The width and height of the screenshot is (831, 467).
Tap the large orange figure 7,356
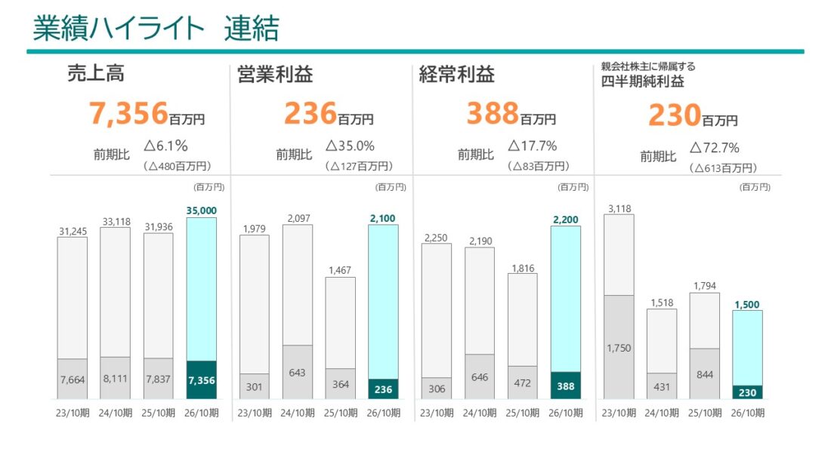(x=128, y=114)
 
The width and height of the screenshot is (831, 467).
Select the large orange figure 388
(x=493, y=114)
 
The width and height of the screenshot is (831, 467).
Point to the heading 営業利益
(x=274, y=75)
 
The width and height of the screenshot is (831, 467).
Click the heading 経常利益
(x=457, y=75)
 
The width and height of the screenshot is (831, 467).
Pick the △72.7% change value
(x=714, y=147)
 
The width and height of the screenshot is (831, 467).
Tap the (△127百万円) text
(x=359, y=166)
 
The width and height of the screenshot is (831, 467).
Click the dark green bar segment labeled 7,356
(x=202, y=379)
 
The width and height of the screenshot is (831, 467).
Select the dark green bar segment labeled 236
(x=384, y=389)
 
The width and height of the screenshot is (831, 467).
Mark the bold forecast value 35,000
(x=202, y=210)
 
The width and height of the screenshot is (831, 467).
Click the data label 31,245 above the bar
(x=72, y=230)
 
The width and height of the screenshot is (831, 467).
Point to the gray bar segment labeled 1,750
(x=619, y=347)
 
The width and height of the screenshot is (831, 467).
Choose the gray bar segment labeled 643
(x=297, y=372)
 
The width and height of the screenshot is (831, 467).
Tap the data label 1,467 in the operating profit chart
(x=340, y=269)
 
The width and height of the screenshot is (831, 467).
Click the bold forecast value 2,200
(x=566, y=219)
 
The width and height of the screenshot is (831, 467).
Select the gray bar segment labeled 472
(x=523, y=383)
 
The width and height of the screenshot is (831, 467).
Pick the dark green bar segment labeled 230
(x=747, y=392)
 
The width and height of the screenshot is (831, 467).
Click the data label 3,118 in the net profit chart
(x=619, y=207)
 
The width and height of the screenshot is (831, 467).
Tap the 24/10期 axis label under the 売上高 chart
(x=116, y=413)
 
